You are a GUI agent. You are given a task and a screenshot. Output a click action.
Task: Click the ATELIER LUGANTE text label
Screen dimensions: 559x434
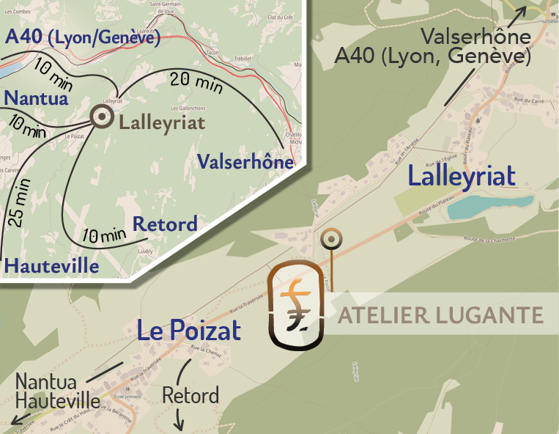[x=440, y=315]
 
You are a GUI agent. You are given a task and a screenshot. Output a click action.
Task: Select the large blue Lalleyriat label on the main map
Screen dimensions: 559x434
[x=462, y=176]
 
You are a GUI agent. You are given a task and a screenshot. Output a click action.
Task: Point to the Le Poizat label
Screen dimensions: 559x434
[x=189, y=331]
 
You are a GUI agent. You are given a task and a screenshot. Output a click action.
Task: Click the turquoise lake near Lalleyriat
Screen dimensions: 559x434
[x=487, y=206]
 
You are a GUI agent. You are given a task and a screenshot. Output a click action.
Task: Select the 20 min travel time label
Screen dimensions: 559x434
[x=196, y=82]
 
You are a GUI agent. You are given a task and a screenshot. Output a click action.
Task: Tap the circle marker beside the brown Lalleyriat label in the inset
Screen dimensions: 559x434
[x=100, y=116]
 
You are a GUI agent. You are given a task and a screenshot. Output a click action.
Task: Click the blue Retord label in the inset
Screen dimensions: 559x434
[x=165, y=224]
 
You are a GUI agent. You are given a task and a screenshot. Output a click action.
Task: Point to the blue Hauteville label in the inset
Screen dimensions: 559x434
[x=51, y=265]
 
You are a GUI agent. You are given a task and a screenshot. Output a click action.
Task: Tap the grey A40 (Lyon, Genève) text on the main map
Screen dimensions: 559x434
[x=432, y=56]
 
